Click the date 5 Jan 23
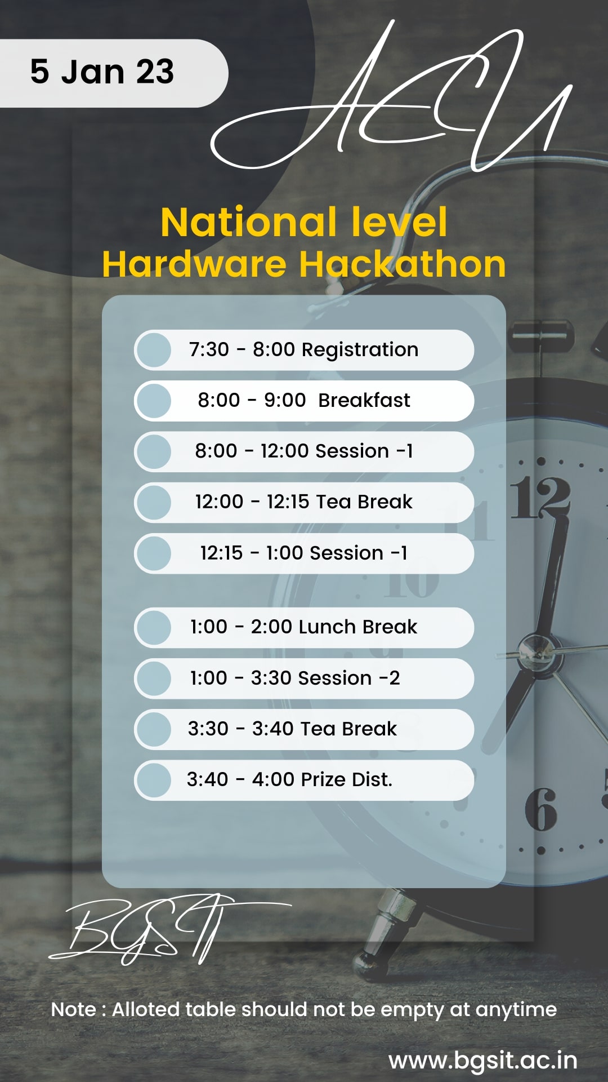coord(102,72)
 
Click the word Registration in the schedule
coord(360,350)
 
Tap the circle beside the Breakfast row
coord(154,401)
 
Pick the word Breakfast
coord(364,400)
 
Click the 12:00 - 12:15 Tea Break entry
coord(303,502)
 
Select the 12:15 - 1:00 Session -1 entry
coord(303,553)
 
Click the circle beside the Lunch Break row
coord(154,627)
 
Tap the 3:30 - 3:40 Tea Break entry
coord(292,729)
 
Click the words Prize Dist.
coord(346,779)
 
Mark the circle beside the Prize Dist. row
coord(154,781)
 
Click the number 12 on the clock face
coord(540,496)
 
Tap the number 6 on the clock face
coord(541,810)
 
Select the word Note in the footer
coord(74,1009)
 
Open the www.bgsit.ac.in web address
coord(483,1061)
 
